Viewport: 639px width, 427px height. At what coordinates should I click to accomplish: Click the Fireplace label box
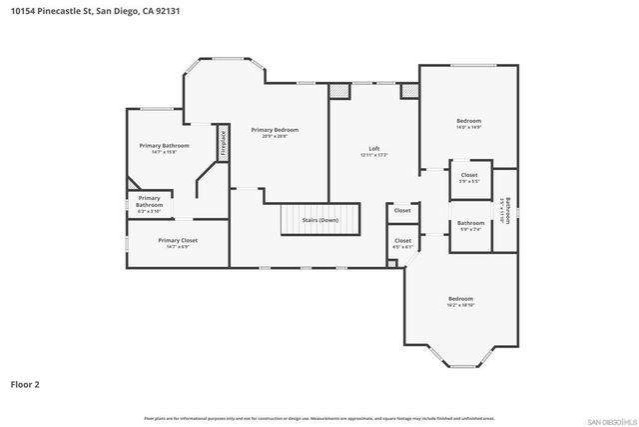pyautogui.click(x=224, y=143)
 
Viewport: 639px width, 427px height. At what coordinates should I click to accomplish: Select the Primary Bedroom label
pyautogui.click(x=275, y=132)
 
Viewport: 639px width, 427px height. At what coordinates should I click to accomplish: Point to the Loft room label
pyautogui.click(x=374, y=152)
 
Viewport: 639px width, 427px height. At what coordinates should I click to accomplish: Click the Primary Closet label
pyautogui.click(x=178, y=243)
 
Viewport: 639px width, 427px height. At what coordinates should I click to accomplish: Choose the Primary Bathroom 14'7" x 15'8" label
pyautogui.click(x=164, y=148)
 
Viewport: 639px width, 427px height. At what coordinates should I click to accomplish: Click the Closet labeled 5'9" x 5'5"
pyautogui.click(x=468, y=177)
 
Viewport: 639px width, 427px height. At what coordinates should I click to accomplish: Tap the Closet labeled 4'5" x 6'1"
pyautogui.click(x=402, y=243)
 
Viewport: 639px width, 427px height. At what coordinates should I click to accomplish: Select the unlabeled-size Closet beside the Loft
pyautogui.click(x=402, y=211)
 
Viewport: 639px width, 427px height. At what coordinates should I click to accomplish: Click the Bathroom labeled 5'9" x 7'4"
pyautogui.click(x=470, y=226)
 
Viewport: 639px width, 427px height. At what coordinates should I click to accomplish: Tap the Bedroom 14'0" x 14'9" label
pyautogui.click(x=468, y=123)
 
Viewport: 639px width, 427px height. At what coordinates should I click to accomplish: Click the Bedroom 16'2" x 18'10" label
pyautogui.click(x=460, y=301)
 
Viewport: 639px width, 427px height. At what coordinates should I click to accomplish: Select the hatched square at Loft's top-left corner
pyautogui.click(x=340, y=91)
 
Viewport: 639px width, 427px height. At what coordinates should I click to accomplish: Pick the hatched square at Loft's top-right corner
pyautogui.click(x=408, y=91)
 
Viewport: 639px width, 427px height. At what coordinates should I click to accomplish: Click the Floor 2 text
pyautogui.click(x=25, y=382)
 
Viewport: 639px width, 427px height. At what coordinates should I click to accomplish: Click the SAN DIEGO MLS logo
pyautogui.click(x=609, y=419)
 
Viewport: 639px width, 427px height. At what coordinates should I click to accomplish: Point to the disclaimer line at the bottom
pyautogui.click(x=319, y=418)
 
